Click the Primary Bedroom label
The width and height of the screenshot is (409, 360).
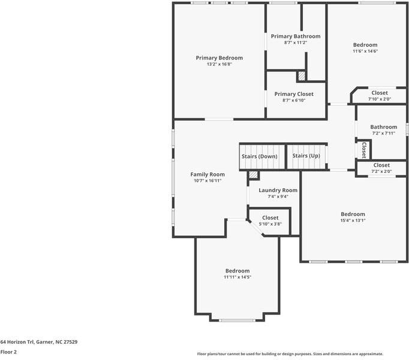click(219, 58)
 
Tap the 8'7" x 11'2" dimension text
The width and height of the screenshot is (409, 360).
click(296, 42)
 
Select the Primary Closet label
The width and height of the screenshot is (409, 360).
click(294, 94)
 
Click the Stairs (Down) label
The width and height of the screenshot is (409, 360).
click(259, 157)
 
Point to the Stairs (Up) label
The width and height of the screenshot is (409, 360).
click(306, 156)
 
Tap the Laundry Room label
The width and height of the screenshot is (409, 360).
click(278, 190)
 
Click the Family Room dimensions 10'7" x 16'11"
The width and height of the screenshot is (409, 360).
click(207, 181)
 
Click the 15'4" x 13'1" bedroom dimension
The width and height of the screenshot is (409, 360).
click(353, 220)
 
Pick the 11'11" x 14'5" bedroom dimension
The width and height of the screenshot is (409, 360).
click(237, 277)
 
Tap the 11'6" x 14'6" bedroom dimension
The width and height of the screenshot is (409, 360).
click(365, 51)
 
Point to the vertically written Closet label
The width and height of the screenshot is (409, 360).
click(364, 150)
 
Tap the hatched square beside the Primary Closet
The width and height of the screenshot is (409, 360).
click(302, 76)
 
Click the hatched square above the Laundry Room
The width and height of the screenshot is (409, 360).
click(253, 175)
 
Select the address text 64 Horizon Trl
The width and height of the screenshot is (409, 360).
click(17, 342)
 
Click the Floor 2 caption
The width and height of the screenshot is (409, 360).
click(8, 352)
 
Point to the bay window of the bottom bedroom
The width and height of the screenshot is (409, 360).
click(237, 320)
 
